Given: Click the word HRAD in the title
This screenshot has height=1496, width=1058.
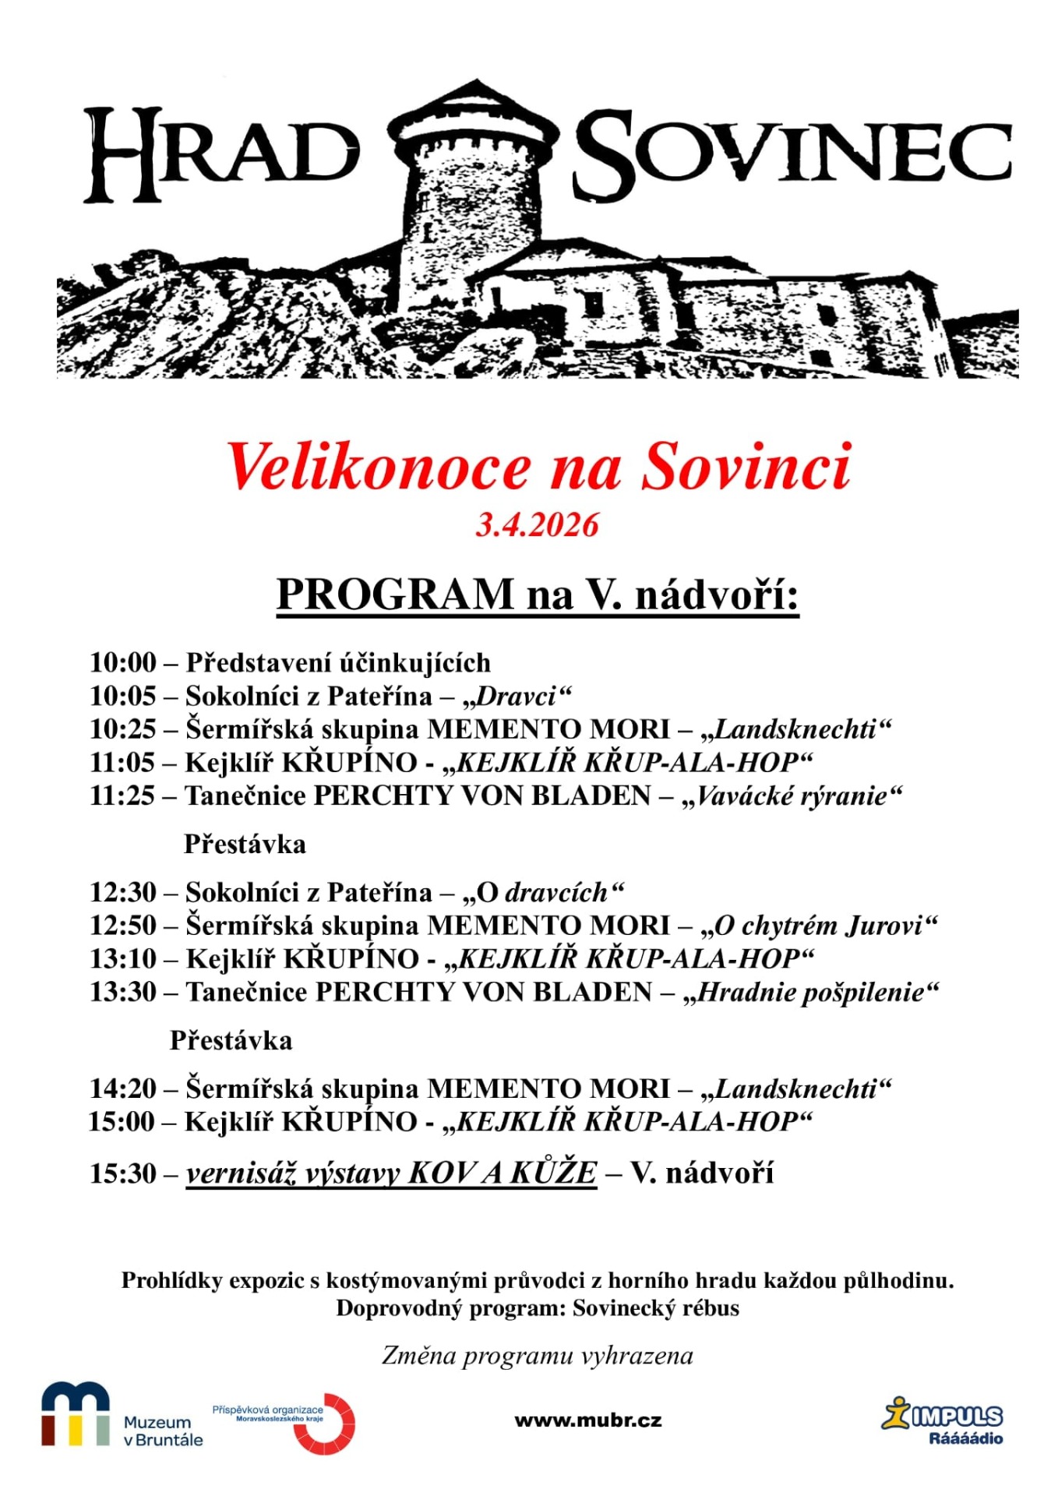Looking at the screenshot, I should coord(222,153).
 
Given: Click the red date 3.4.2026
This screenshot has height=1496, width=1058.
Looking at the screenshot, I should coord(537,525).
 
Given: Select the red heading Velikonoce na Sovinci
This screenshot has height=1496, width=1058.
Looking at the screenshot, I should coord(538,467).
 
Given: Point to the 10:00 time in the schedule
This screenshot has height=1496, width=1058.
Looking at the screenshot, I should coord(123,662).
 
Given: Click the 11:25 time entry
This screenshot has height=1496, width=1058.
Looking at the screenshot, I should coord(123,796).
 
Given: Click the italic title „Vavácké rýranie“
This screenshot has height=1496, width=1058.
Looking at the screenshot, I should coord(792,796).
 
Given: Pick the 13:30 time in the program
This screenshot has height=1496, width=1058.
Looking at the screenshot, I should coord(123,992).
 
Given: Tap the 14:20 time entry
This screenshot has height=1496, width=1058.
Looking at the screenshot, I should coord(123,1088).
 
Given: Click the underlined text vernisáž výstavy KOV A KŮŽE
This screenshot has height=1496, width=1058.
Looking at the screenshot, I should coord(391,1173).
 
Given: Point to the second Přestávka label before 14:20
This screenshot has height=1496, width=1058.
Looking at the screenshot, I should coord(231,1040).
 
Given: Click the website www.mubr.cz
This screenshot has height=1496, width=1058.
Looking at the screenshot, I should coord(588,1420).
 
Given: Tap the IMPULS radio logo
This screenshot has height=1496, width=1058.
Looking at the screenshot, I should coord(944,1420).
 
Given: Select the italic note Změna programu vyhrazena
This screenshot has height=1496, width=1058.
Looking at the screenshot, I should coord(537,1356).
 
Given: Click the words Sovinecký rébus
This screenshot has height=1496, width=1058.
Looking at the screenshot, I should coord(656,1308).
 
